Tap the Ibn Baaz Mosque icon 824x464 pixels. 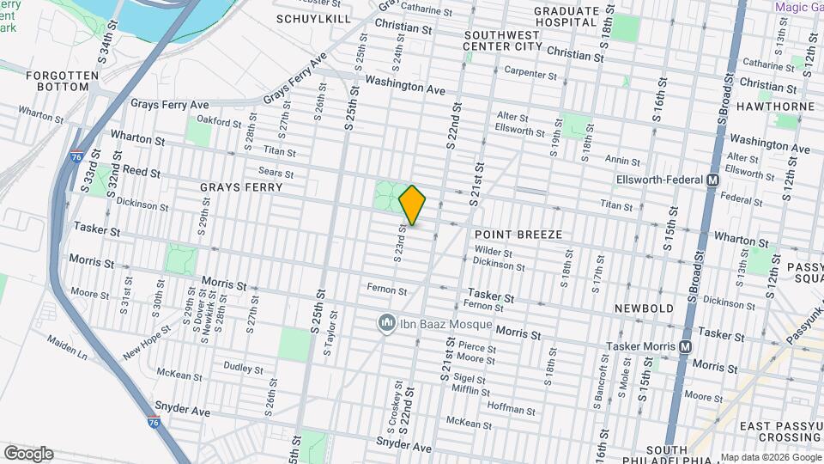tap(385, 324)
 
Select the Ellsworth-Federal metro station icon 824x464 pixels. tap(712, 180)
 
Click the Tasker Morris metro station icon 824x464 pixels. tap(686, 346)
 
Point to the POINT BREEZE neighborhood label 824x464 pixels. tap(518, 235)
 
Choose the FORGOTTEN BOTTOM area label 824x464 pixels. tap(58, 81)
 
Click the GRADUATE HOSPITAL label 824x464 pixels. tap(566, 16)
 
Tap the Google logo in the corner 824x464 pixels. tap(28, 453)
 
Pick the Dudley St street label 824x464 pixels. tap(242, 368)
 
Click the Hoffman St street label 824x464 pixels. tap(512, 405)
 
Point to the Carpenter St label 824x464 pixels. tap(532, 72)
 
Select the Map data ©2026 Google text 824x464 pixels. tap(770, 457)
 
